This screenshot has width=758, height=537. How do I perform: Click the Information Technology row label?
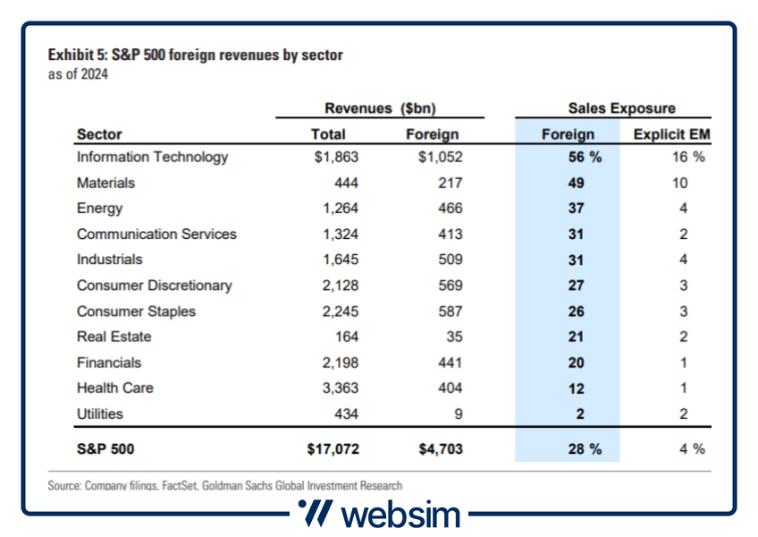tap(153, 158)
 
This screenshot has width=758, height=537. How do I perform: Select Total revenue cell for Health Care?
tap(341, 388)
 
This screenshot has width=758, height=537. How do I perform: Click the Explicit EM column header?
tap(670, 134)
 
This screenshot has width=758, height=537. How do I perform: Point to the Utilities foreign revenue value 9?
tap(457, 414)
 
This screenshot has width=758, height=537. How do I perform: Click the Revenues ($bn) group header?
tap(380, 108)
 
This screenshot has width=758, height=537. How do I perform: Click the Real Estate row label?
tap(114, 337)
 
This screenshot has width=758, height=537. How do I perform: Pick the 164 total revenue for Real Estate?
tap(346, 337)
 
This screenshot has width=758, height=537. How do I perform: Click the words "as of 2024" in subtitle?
tap(78, 74)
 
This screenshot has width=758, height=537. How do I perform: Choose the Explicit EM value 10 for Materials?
tap(679, 183)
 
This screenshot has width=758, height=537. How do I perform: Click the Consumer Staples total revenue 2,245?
tap(341, 311)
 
